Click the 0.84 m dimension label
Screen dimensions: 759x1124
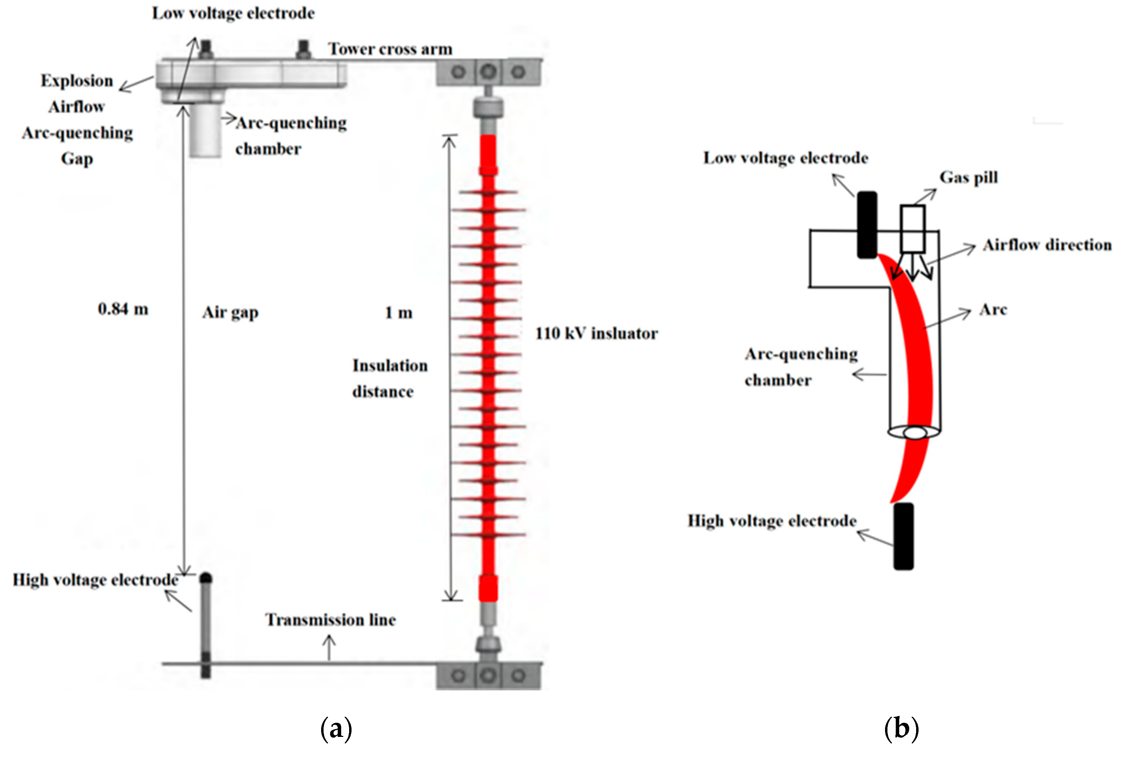(x=123, y=309)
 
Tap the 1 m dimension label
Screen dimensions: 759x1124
(x=398, y=313)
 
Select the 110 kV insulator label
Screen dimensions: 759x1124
(x=596, y=333)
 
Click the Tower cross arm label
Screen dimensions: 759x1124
(x=390, y=49)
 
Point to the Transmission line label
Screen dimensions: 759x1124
(x=330, y=620)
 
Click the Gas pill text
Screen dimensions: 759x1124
(x=968, y=177)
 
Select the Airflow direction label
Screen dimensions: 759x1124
(x=1047, y=245)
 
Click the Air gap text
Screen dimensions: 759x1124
(x=230, y=313)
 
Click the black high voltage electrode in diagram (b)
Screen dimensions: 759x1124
(x=903, y=536)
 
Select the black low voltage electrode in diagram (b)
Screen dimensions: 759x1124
(x=867, y=225)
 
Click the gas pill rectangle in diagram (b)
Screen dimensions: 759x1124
(x=913, y=228)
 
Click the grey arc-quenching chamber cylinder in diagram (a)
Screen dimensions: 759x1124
(x=205, y=130)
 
